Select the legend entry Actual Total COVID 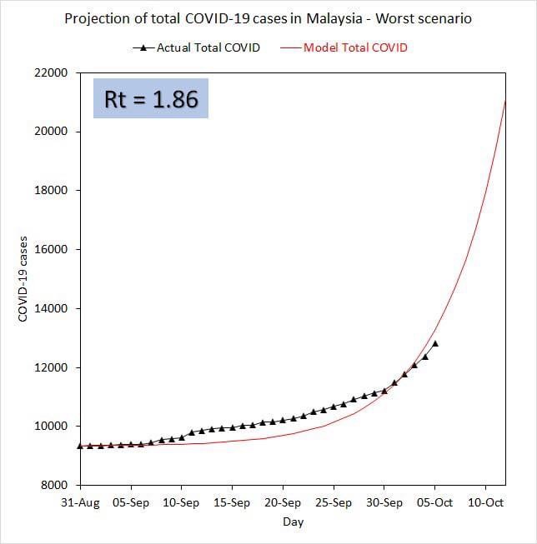(208, 47)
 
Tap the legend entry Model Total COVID (355, 47)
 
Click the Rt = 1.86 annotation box (151, 99)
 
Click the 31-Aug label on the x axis (80, 502)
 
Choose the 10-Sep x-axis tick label (181, 502)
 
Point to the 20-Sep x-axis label (283, 502)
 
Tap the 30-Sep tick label (384, 502)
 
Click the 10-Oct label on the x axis (485, 502)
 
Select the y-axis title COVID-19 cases (23, 279)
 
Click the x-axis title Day (293, 522)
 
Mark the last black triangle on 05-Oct (434, 343)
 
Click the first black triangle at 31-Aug (80, 446)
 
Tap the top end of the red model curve (505, 102)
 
